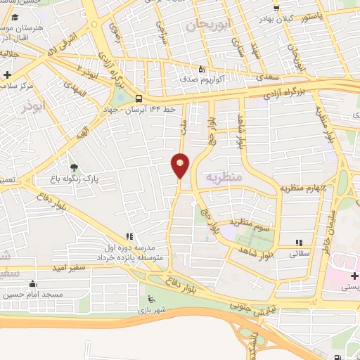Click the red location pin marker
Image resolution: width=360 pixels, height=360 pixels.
click(181, 165)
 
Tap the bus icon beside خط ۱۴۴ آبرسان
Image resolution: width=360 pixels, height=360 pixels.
click(139, 99)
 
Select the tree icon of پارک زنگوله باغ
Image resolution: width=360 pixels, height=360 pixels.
click(75, 167)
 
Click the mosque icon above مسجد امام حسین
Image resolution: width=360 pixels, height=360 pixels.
click(30, 284)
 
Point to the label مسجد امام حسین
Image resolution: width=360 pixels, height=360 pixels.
click(33, 294)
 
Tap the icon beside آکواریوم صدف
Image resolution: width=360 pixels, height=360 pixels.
click(201, 70)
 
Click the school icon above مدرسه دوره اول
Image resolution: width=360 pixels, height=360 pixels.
click(129, 237)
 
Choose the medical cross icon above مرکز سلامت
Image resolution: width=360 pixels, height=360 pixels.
click(8, 75)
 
